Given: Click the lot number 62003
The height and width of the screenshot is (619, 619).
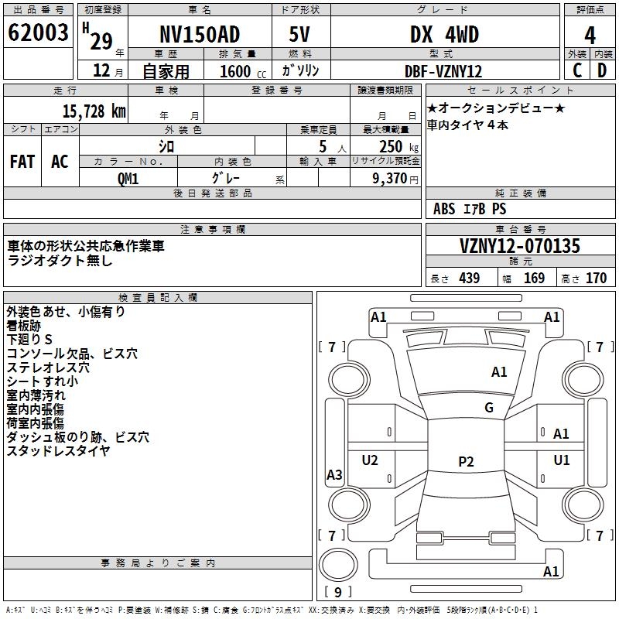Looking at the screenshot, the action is (38, 33).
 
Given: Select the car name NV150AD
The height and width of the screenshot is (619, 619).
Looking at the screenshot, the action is (200, 34).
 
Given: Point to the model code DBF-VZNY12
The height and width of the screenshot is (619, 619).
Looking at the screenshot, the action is (443, 71).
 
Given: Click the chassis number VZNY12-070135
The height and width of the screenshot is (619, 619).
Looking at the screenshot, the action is (519, 247).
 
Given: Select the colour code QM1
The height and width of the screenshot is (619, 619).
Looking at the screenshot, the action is (128, 177).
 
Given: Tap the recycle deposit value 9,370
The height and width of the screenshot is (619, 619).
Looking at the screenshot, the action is (385, 178).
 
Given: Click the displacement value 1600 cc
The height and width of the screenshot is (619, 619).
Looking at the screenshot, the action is (243, 72).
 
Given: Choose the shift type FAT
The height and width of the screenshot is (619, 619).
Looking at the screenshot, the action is (22, 161).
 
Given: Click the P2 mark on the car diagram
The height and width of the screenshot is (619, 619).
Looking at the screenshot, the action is (466, 461).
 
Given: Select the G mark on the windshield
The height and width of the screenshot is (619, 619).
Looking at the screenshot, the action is (489, 408).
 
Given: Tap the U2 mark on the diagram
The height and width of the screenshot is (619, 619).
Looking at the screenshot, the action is (370, 460).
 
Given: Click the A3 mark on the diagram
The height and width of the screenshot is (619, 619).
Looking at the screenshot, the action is (334, 475).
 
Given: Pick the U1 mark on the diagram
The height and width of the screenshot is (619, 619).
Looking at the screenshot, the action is (562, 460).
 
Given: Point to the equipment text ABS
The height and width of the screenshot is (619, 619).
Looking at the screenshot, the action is (444, 209).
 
